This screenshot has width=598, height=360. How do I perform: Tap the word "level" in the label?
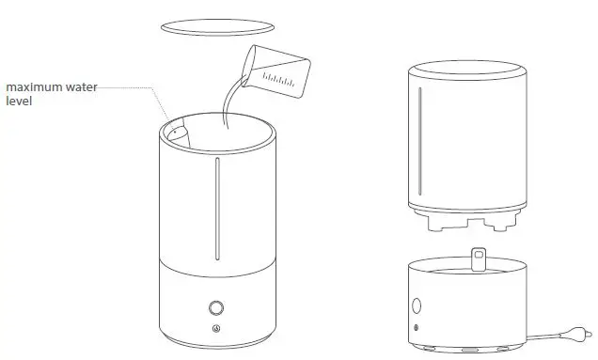click(20, 100)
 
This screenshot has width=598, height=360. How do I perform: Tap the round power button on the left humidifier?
click(215, 308)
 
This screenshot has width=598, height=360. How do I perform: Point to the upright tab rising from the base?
click(479, 258)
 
